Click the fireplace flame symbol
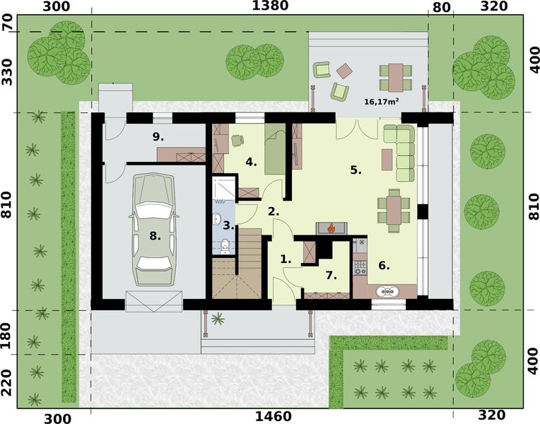coord(330,228)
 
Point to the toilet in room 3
coord(224,246)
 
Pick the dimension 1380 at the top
coord(270,6)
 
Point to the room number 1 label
coord(285,259)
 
